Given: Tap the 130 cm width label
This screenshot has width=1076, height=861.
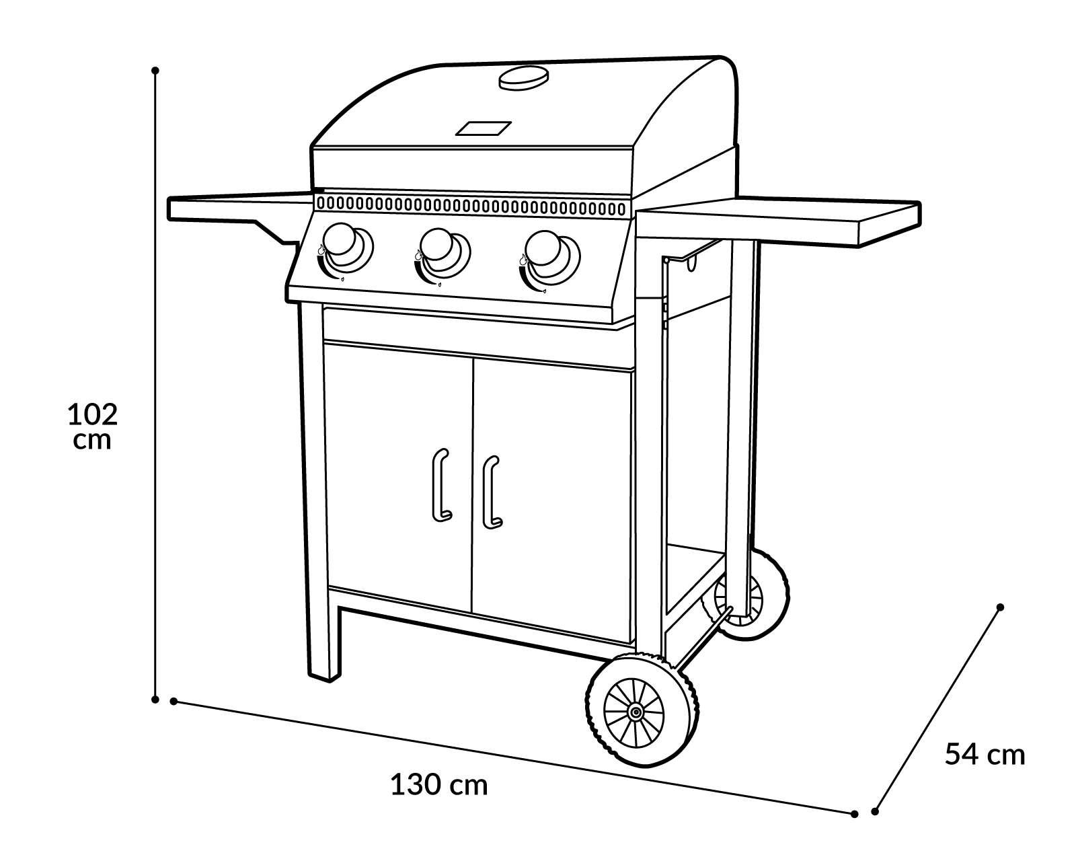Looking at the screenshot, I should point(438,784).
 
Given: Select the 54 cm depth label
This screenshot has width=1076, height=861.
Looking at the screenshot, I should point(985,754).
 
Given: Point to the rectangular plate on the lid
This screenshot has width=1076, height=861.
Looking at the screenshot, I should point(484,128).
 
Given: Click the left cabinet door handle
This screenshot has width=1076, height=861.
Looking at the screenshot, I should point(440,484).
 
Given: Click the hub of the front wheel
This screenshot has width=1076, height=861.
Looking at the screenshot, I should point(634,712).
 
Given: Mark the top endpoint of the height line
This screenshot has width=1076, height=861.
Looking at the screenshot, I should point(155,70).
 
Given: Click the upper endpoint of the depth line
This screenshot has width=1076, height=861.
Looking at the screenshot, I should point(1000,607).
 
